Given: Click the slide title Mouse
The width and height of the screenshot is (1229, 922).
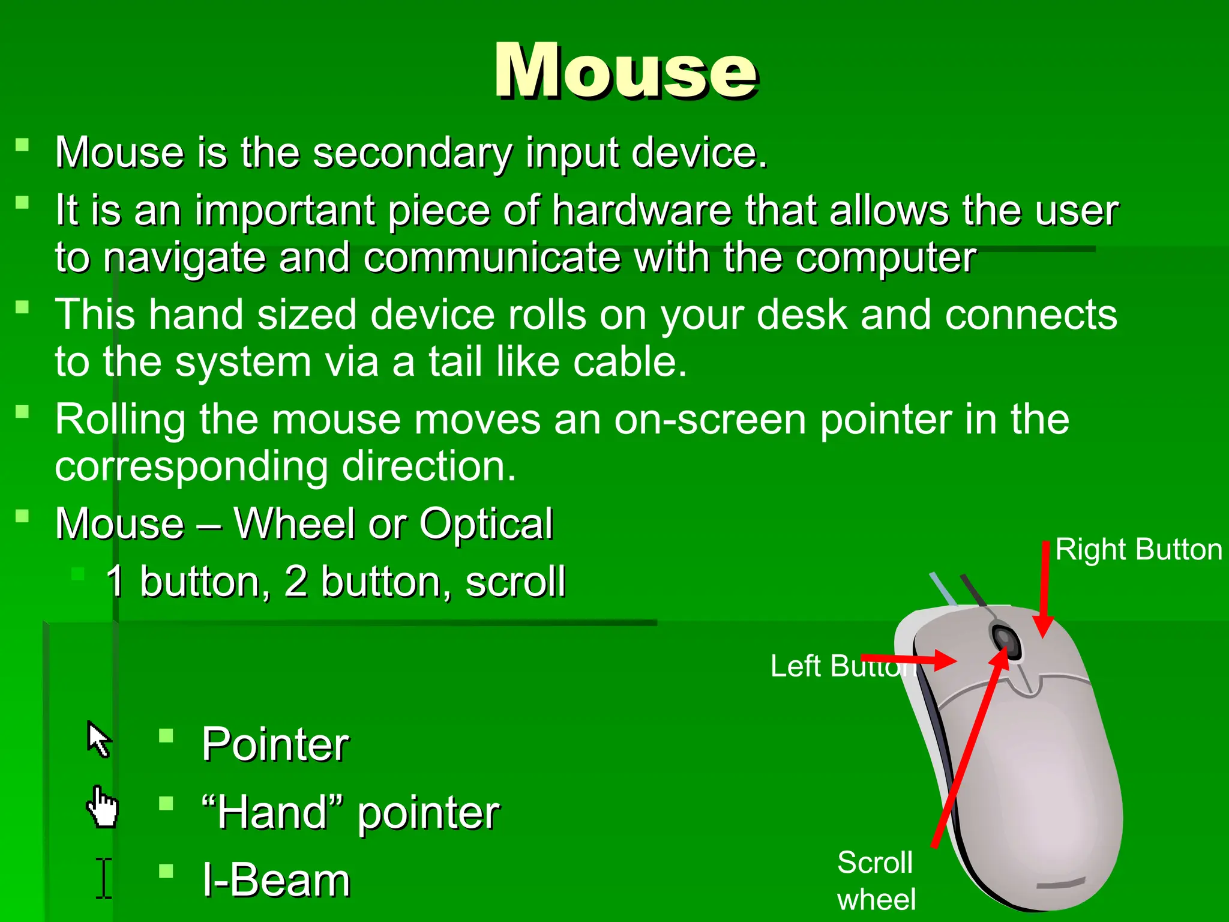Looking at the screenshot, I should click(x=625, y=71).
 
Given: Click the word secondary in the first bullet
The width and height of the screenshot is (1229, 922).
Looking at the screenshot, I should click(x=412, y=152).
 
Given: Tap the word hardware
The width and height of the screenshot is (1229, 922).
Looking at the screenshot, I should click(x=642, y=211).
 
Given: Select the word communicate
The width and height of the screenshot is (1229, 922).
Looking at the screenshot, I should click(x=491, y=258).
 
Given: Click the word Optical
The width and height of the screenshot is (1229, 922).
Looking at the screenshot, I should click(x=485, y=523).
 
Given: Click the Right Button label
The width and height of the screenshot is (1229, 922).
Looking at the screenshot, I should click(x=1138, y=549).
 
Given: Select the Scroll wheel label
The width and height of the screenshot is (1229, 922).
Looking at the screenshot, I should click(x=876, y=880).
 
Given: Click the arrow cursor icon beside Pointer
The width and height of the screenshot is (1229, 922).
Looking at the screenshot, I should click(x=99, y=739).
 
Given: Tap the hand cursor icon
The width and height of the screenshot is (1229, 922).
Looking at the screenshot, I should click(x=103, y=807).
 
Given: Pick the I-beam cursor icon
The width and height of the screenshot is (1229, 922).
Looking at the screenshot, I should click(x=104, y=878).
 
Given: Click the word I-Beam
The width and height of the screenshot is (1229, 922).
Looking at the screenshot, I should click(x=276, y=881).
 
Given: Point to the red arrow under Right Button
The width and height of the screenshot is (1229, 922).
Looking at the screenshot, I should click(x=1045, y=588).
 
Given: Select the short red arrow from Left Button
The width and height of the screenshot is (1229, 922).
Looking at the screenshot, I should click(x=909, y=660).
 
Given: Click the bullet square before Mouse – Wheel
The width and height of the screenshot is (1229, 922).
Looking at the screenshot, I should click(x=22, y=516).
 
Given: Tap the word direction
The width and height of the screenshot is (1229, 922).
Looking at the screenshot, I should click(x=428, y=466).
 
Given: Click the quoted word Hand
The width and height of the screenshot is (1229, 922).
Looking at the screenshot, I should click(x=272, y=813).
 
